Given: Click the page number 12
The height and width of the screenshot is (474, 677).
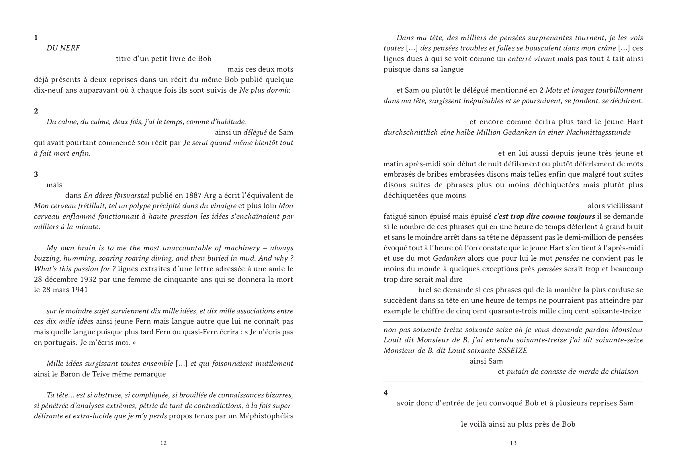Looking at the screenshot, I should point(163,443).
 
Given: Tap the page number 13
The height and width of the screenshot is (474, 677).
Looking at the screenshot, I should point(513,443).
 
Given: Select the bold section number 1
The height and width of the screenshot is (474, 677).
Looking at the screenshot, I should point(36,38).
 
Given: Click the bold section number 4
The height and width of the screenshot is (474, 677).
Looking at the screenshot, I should point(386,393).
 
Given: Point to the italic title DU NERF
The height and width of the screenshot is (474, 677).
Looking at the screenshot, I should point(63,48).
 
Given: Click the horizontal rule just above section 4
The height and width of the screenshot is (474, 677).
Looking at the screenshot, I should point(513,381).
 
